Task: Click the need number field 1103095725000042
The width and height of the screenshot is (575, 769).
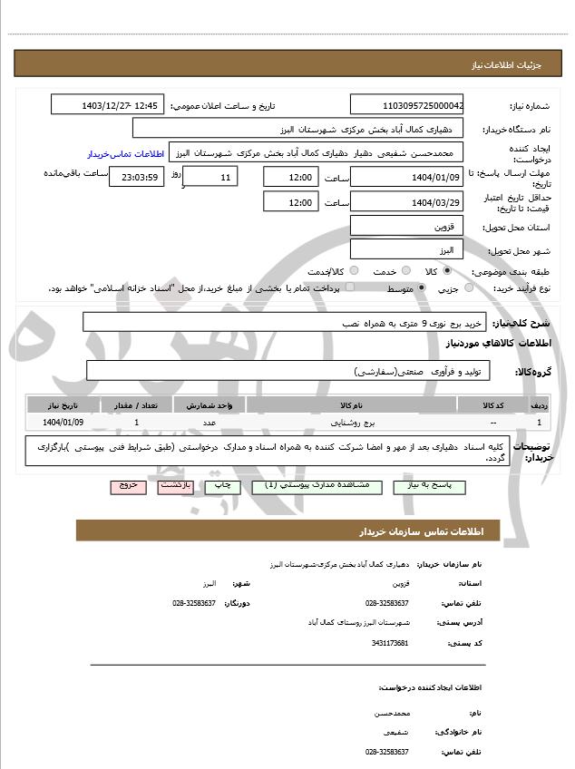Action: pos(407,105)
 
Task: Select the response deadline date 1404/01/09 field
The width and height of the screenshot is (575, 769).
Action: pos(407,177)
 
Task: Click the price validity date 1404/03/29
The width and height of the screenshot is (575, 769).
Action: pos(407,202)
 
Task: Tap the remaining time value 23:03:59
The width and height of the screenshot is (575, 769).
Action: pos(136,177)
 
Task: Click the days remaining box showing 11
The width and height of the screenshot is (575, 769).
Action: pos(210,177)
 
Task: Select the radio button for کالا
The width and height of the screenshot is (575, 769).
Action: pos(447,270)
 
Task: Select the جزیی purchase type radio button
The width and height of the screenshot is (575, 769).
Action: pos(469,287)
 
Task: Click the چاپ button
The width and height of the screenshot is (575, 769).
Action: pos(221,486)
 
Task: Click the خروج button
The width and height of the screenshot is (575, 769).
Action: pos(128,486)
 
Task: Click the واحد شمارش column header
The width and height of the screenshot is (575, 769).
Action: pos(210,404)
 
